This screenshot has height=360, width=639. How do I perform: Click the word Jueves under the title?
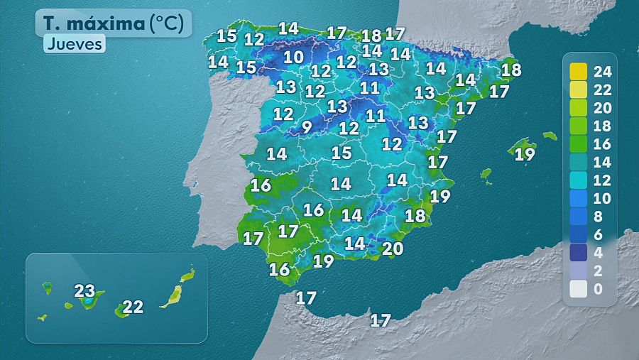[x=75, y=44]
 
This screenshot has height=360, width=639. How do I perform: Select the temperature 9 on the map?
[x=306, y=128]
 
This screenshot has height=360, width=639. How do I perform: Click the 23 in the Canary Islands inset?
[x=84, y=290]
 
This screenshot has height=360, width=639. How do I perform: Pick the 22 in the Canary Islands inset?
[x=133, y=307]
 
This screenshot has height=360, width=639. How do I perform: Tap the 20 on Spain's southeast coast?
[x=393, y=249]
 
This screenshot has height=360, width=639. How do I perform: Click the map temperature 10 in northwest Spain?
[x=293, y=57]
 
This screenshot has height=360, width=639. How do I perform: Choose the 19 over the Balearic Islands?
[x=525, y=154]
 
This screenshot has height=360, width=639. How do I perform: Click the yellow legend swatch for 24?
[x=579, y=71]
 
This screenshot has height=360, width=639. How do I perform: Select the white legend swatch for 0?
[x=579, y=289]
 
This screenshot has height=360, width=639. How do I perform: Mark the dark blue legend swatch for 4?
[x=579, y=253]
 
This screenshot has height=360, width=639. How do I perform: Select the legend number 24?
[x=602, y=71]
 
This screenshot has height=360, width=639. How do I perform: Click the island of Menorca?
[x=550, y=136]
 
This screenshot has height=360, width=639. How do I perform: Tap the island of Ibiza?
[x=486, y=173]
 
